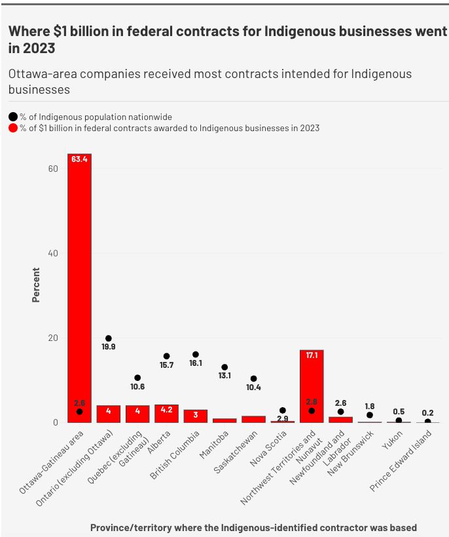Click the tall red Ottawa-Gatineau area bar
point(79,288)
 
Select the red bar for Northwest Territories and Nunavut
point(312,386)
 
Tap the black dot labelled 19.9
point(109,338)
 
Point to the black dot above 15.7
point(166,356)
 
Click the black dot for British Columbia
point(195,354)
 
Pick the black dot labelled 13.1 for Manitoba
point(224,367)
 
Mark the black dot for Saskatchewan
point(253,379)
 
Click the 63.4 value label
point(79,159)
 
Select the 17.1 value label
point(312,355)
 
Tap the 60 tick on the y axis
point(54,169)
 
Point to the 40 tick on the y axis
point(54,253)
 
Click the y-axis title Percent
point(36,285)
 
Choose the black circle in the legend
point(13,117)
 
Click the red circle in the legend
point(13,128)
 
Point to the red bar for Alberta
point(166,414)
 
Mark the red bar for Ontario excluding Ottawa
point(109,414)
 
